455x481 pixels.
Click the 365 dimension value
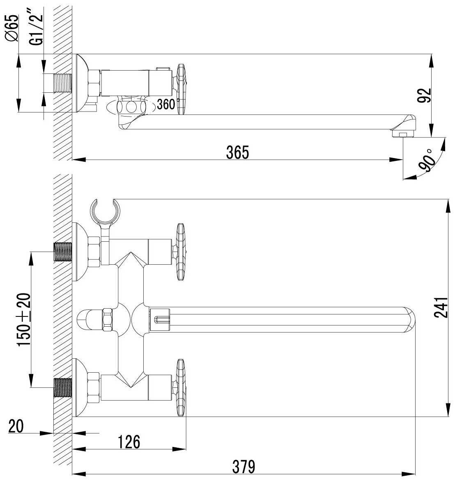[x=237, y=152]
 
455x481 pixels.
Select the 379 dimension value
[x=244, y=467]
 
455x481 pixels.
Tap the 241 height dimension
[x=441, y=307]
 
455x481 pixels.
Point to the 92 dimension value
[x=424, y=95]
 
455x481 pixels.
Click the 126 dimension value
[x=129, y=442]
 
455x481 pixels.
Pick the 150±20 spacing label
[x=24, y=320]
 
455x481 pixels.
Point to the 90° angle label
[x=428, y=160]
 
